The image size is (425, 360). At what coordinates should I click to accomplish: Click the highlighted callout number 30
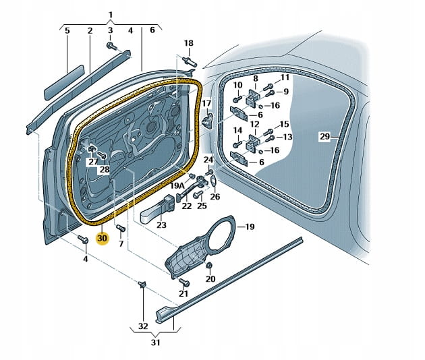[x=103, y=238]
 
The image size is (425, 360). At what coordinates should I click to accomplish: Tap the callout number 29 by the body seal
[x=324, y=137]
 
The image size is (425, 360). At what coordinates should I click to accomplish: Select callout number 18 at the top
[x=189, y=43]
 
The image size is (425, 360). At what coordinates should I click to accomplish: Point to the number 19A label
[x=177, y=185]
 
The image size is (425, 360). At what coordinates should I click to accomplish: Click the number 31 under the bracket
[x=156, y=343]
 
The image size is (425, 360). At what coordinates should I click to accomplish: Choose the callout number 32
[x=142, y=326]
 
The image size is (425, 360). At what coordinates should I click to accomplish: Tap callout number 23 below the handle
[x=161, y=226]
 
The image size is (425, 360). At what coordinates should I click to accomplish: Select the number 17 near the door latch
[x=206, y=104]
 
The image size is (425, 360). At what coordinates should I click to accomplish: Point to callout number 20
[x=210, y=278]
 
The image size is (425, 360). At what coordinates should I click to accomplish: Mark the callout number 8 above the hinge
[x=255, y=79]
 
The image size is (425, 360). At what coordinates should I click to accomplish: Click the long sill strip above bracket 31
[x=229, y=276]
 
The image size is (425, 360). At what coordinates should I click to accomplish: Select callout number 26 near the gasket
[x=215, y=197]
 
